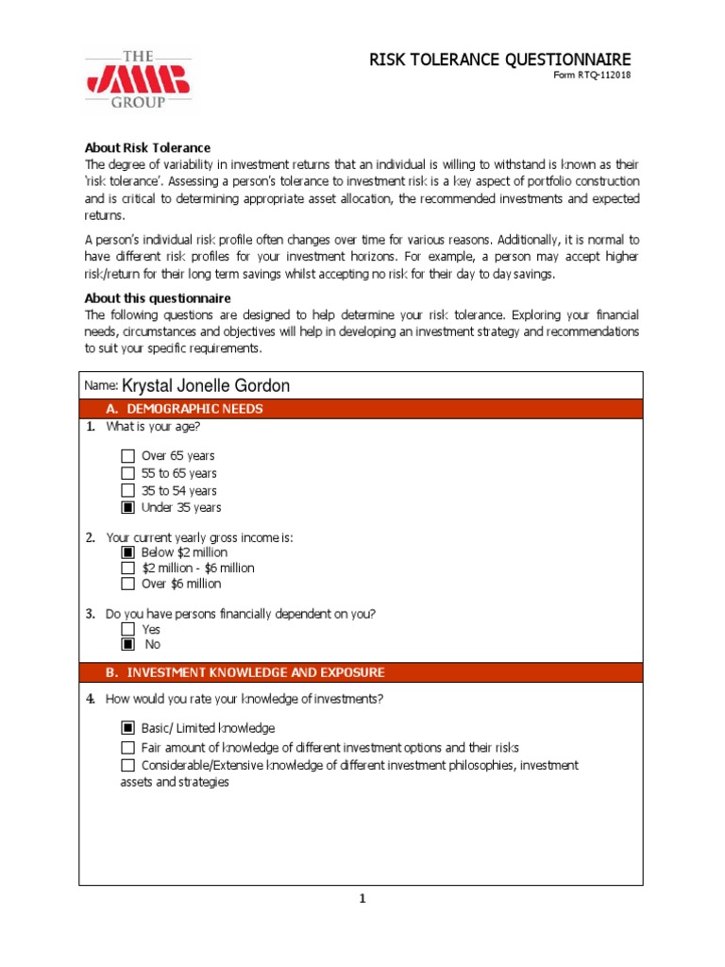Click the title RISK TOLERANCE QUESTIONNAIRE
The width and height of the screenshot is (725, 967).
pos(499,59)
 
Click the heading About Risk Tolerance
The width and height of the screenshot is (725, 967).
pos(147,147)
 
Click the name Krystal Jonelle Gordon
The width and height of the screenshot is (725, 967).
pos(206,385)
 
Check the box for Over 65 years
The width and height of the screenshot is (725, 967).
pos(128,456)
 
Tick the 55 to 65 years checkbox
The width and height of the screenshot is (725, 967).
pos(128,473)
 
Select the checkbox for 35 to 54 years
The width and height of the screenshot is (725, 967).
pos(128,491)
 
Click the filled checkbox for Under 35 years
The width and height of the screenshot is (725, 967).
pos(128,508)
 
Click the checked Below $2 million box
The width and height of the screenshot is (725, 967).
pos(128,552)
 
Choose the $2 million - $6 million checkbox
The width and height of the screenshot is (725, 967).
pos(128,568)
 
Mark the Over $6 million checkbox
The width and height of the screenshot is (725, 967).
pos(128,585)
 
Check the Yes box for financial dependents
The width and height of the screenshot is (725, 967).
pos(128,630)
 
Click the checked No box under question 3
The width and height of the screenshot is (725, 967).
pos(128,645)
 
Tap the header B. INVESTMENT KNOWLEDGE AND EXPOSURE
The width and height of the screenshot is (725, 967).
pos(255,672)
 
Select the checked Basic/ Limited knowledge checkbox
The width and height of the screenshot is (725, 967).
pos(128,729)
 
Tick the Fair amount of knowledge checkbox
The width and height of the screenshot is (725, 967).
pos(128,748)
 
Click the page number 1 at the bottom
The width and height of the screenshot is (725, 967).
pos(361,898)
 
